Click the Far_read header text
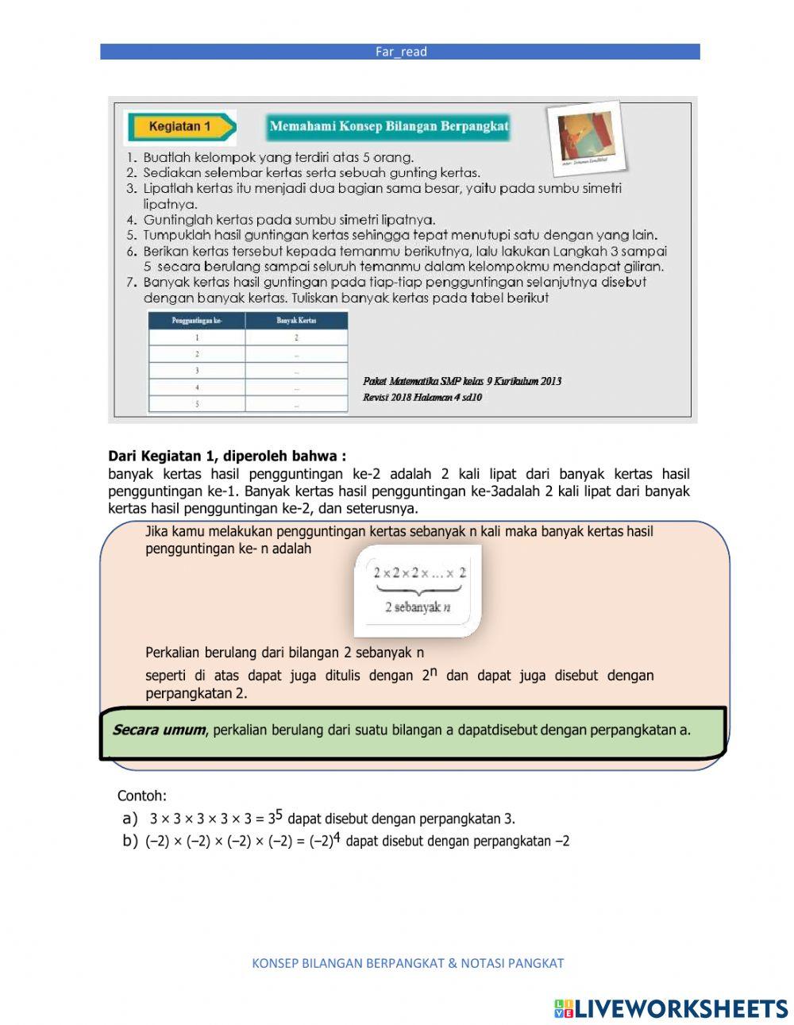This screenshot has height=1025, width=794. click(401, 52)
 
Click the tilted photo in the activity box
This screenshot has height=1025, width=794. click(585, 137)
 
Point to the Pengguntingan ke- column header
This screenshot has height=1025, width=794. click(196, 321)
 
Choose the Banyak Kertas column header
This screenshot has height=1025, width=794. click(296, 321)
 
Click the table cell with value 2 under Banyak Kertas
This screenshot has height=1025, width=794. click(296, 337)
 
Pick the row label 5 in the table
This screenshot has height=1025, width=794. click(197, 404)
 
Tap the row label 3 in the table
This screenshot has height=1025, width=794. click(197, 371)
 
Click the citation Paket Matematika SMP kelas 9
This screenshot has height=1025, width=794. click(462, 382)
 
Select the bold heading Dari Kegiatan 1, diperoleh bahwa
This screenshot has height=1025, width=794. click(227, 457)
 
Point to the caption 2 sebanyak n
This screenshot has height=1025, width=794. click(418, 607)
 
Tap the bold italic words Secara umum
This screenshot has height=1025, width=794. click(159, 730)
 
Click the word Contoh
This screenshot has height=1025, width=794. click(142, 796)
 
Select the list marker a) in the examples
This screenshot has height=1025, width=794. click(130, 819)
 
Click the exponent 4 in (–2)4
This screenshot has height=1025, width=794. click(337, 838)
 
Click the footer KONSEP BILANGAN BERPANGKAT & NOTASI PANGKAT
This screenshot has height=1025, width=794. click(407, 963)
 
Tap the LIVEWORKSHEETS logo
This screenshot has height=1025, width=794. click(671, 1008)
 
